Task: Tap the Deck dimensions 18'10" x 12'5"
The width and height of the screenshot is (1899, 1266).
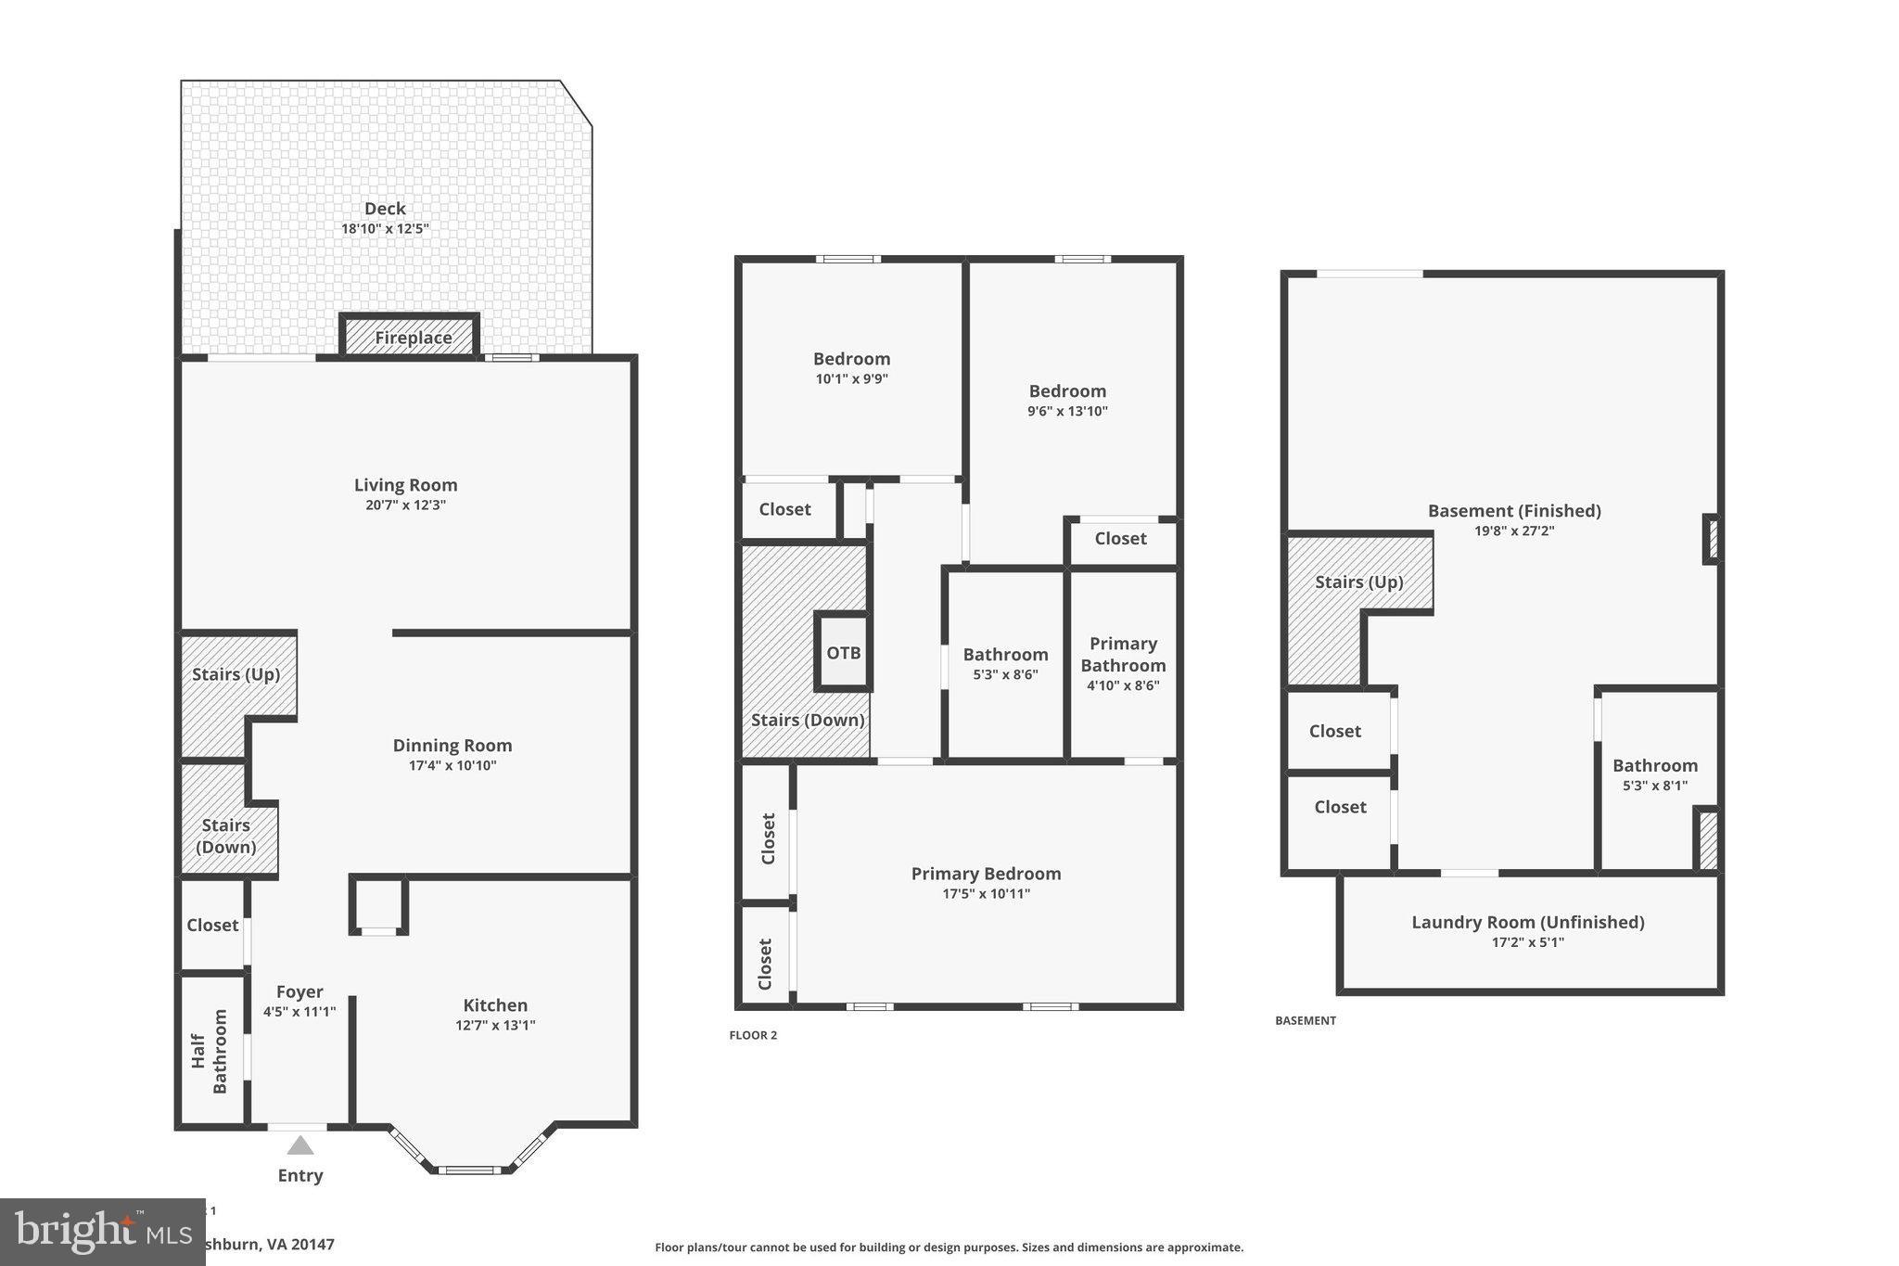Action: (385, 228)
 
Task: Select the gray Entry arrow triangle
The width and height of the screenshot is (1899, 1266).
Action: (300, 1145)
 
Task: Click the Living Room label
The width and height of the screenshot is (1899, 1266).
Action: (405, 485)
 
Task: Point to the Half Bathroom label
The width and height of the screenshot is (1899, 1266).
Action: (210, 1051)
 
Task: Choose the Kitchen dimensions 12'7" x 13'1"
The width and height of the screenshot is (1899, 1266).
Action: (495, 1025)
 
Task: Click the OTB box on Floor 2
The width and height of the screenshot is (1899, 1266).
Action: (843, 653)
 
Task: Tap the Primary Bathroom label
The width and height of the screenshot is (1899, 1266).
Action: (1123, 654)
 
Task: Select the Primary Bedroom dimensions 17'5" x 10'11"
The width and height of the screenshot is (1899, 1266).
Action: (986, 894)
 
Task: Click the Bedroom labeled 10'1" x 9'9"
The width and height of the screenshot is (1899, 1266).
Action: (851, 360)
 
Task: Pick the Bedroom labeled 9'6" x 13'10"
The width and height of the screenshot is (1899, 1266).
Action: (1067, 391)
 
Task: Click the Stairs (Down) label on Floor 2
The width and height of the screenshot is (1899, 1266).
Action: (808, 721)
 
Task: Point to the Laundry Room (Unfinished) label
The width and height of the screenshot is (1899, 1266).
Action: (1527, 922)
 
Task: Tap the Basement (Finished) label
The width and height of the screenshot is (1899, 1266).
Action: (1513, 511)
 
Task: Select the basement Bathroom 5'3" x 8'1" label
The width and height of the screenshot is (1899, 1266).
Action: (1654, 766)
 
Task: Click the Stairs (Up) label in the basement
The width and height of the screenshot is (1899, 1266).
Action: (1358, 582)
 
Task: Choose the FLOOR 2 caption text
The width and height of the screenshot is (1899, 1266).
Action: (753, 1035)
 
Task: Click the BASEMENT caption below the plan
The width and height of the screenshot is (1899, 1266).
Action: (1305, 1020)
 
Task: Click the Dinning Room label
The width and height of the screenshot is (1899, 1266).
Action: (452, 746)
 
